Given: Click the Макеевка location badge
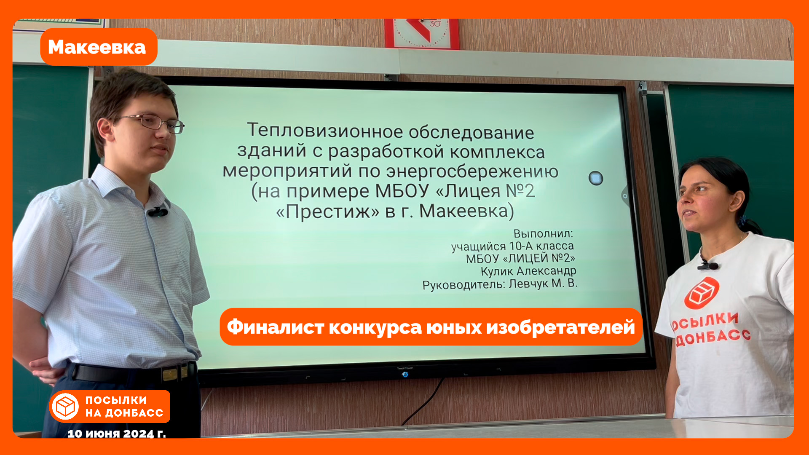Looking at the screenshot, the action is (x=99, y=47).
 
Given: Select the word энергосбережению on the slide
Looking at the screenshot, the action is (x=472, y=171).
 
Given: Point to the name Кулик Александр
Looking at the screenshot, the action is (x=528, y=271).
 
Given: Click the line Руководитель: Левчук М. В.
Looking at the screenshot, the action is (x=500, y=284).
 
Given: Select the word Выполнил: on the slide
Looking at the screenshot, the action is (x=543, y=233).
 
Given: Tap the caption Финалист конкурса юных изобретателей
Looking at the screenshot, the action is (x=431, y=327).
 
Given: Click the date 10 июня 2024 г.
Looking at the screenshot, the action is (x=117, y=434).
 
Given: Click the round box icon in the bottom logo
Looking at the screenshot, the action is (x=65, y=407).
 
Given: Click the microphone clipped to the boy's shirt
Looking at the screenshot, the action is (x=158, y=212).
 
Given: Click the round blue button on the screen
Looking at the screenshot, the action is (x=596, y=178).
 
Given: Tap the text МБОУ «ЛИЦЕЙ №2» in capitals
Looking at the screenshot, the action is (x=520, y=258).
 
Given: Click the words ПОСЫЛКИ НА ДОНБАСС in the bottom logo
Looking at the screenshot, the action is (x=124, y=407).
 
